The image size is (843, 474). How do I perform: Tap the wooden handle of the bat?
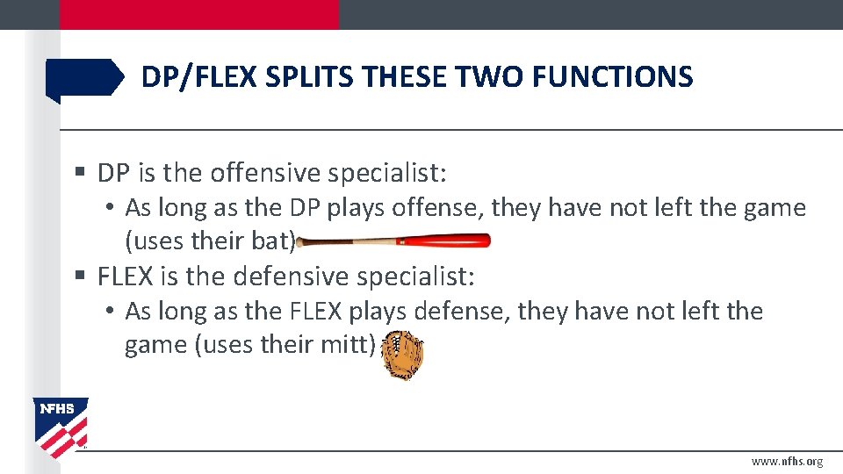click(347, 241)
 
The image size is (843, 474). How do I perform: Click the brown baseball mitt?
click(405, 354)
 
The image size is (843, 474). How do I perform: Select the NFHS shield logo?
click(61, 426)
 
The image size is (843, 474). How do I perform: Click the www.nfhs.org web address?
click(787, 462)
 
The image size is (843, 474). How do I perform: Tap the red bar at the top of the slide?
click(198, 14)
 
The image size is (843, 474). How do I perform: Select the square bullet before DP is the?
click(81, 174)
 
